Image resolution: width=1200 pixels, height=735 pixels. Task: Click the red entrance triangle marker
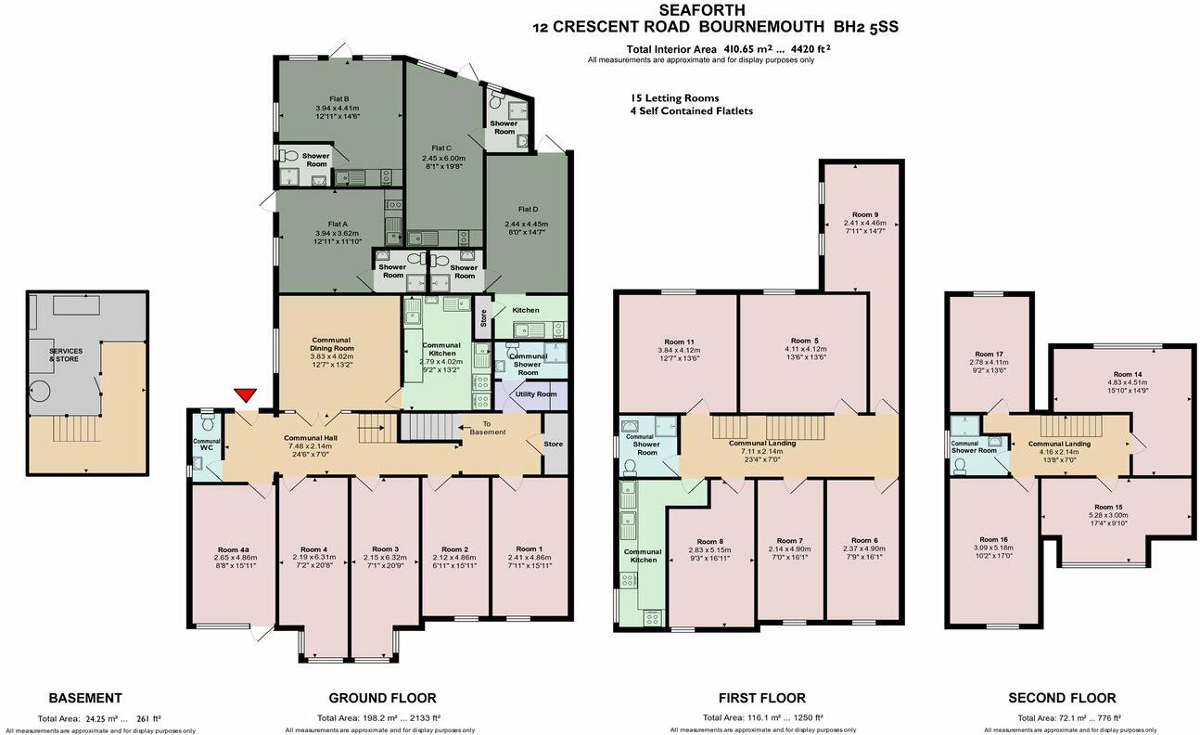pos(245,396)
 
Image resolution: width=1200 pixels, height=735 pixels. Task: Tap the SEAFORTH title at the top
pos(715,10)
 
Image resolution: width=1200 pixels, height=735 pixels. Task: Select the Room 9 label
pos(864,213)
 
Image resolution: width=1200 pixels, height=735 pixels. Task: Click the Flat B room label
pos(338,99)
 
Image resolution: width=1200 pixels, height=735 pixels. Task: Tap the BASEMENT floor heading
pos(85,698)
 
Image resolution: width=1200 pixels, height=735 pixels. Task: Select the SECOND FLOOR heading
pos(1063,698)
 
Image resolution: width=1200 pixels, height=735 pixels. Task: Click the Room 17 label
pos(986,355)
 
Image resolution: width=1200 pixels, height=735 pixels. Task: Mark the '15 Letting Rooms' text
pos(674,97)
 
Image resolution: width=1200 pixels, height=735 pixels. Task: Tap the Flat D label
pos(526,209)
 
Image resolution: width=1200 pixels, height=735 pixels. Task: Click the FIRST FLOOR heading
pos(761,698)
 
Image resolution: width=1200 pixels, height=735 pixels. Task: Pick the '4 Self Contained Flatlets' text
pos(692,111)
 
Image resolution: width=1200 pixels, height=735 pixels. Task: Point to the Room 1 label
pos(528,549)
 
